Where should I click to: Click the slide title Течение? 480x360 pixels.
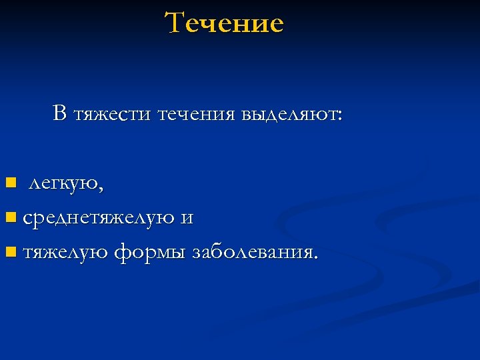click(x=225, y=23)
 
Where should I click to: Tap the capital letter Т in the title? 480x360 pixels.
click(x=175, y=23)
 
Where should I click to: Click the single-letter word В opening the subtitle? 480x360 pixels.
click(x=60, y=114)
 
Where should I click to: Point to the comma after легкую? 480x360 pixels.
click(x=101, y=189)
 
